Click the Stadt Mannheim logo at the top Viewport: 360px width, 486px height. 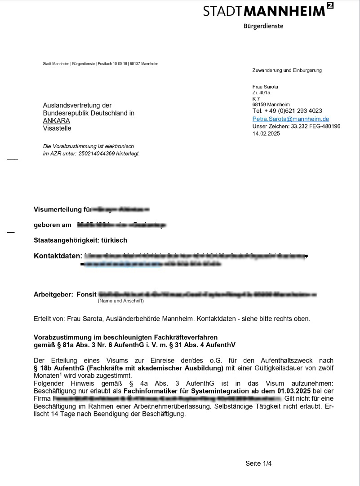pyautogui.click(x=268, y=10)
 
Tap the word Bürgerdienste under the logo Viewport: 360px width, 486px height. pyautogui.click(x=263, y=26)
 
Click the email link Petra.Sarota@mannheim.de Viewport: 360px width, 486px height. pyautogui.click(x=291, y=119)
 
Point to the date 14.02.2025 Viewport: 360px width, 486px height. pyautogui.click(x=266, y=133)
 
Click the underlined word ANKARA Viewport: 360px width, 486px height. pyautogui.click(x=57, y=121)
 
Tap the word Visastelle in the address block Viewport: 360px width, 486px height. pyautogui.click(x=57, y=128)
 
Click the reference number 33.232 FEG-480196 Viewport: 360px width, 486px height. pyautogui.click(x=316, y=127)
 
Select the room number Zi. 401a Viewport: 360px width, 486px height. pyautogui.click(x=261, y=93)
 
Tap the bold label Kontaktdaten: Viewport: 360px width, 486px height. pyautogui.click(x=58, y=256)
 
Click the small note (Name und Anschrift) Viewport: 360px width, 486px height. pyautogui.click(x=120, y=301)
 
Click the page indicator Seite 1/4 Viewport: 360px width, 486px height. pyautogui.click(x=258, y=464)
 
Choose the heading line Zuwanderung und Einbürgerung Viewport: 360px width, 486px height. pyautogui.click(x=287, y=70)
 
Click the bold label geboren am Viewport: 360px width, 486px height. pyautogui.click(x=53, y=225)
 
